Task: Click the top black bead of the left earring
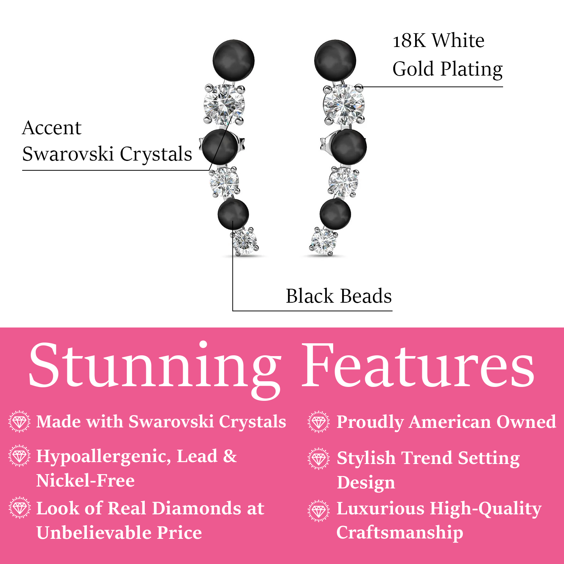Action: click(x=233, y=60)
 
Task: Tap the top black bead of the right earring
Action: click(x=335, y=61)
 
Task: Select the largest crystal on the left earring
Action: click(x=224, y=104)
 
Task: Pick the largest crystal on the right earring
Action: click(x=344, y=104)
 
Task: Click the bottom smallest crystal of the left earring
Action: click(x=245, y=242)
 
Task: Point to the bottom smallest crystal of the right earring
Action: click(x=324, y=241)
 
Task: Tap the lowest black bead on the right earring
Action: click(x=335, y=214)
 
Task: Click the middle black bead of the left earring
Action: click(x=219, y=147)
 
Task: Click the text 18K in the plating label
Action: click(x=409, y=41)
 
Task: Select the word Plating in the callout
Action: click(x=472, y=70)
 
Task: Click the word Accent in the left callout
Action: click(x=52, y=128)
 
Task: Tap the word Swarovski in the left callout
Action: click(x=68, y=154)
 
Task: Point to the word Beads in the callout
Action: click(x=366, y=296)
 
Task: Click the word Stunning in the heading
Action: click(x=155, y=367)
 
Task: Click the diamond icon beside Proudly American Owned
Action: click(x=318, y=422)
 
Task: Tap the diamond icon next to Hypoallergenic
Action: click(x=19, y=456)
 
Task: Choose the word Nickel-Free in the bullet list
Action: click(x=85, y=481)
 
